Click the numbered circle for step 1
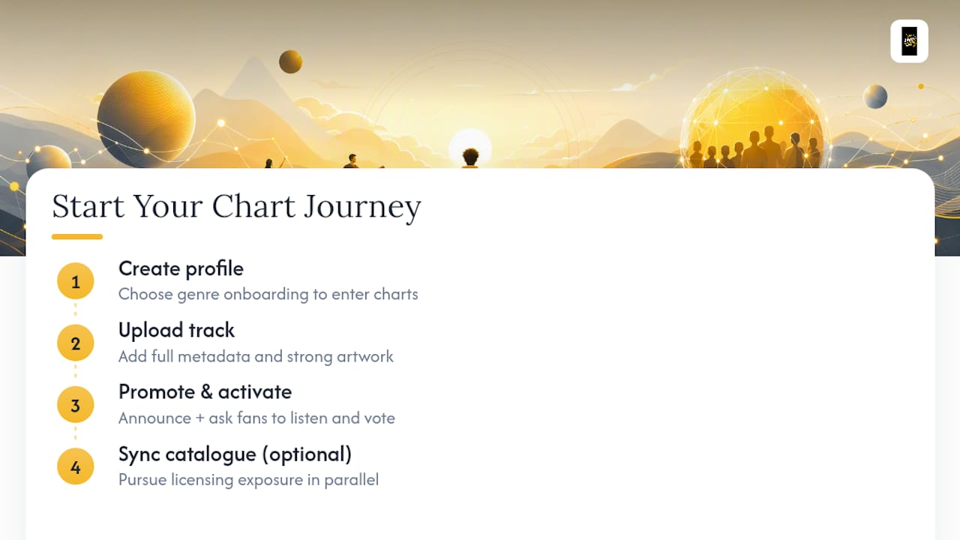coord(76,281)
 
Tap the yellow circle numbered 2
coord(76,343)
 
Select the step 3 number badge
coord(76,404)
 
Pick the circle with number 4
coord(76,466)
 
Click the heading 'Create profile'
coord(181,269)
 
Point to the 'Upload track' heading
coord(176,331)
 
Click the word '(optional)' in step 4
coord(307,454)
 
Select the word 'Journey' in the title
coord(362,208)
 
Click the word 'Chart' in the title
coord(253,206)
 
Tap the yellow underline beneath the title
coord(77,236)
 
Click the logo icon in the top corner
coord(910,41)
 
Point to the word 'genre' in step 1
coord(199,295)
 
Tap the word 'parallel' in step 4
coord(352,480)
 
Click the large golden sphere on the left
coord(146,119)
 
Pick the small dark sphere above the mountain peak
coord(290,61)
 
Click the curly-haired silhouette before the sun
coord(470,157)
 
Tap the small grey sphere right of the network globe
coord(875,97)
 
